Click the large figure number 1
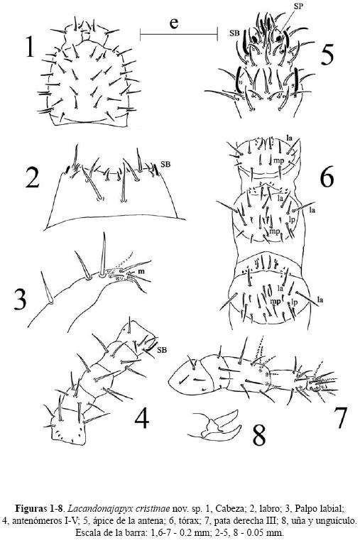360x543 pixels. (x=30, y=47)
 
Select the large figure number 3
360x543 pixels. (x=20, y=300)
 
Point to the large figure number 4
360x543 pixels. (x=142, y=417)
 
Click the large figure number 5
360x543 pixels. (x=327, y=55)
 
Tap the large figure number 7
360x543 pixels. (x=340, y=417)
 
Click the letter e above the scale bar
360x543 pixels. (x=174, y=23)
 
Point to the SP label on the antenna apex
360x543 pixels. (x=298, y=6)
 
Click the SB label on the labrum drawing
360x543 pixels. (x=165, y=164)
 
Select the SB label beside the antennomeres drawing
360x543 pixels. (x=162, y=350)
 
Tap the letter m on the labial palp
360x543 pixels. (x=141, y=271)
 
